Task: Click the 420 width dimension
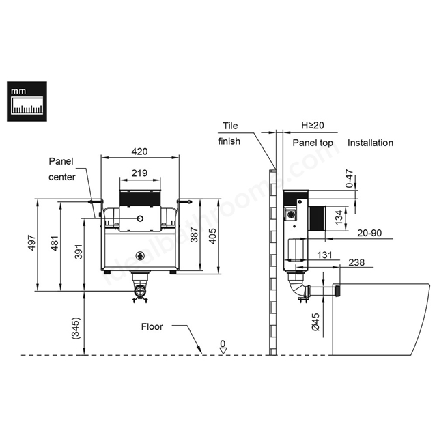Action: coord(139,152)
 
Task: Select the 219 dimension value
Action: coord(139,173)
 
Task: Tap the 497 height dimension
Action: coord(32,243)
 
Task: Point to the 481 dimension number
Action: coord(55,243)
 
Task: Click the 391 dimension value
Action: coord(79,251)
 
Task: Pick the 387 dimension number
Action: coord(194,235)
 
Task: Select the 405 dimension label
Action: coord(212,236)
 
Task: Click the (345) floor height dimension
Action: coord(76,328)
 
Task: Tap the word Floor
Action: coord(152,326)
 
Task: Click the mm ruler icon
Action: coord(27,102)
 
